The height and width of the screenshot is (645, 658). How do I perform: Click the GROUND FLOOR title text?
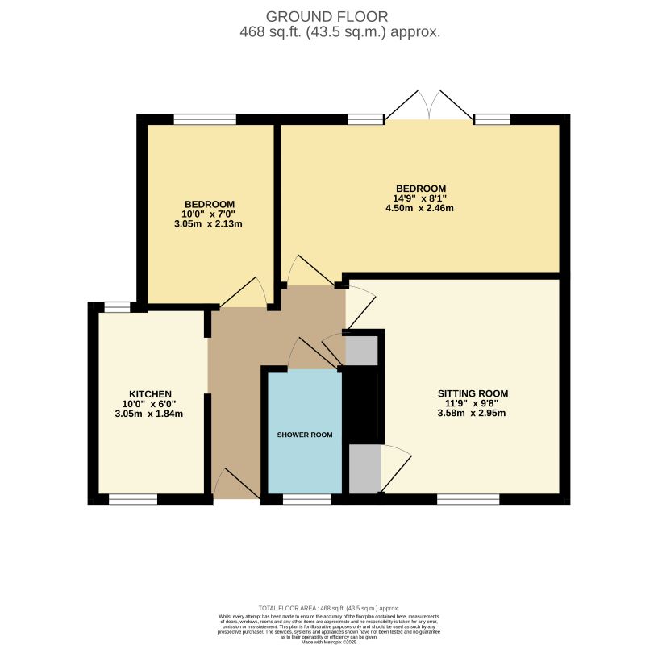[x=327, y=16]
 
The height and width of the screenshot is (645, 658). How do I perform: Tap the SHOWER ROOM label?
[x=305, y=435]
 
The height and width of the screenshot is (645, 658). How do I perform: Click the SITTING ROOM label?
[x=473, y=393]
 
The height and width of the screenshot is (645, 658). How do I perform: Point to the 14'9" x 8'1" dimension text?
[x=419, y=198]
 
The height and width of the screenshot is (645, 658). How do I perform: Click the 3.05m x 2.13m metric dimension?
[x=209, y=224]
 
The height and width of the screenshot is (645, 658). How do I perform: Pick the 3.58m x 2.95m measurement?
[x=473, y=414]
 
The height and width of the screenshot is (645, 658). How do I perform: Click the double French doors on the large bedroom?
[x=429, y=107]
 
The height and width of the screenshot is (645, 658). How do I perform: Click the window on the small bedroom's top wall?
[x=205, y=119]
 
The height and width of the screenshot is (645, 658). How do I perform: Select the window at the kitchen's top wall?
[x=117, y=306]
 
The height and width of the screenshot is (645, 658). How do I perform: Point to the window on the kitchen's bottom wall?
[x=133, y=500]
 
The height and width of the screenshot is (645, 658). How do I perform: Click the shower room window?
[x=307, y=500]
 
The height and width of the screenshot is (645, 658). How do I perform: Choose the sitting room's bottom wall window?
[x=468, y=500]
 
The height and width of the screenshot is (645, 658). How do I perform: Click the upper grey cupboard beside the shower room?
[x=361, y=350]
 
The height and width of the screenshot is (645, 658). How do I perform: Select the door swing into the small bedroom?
[x=245, y=293]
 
